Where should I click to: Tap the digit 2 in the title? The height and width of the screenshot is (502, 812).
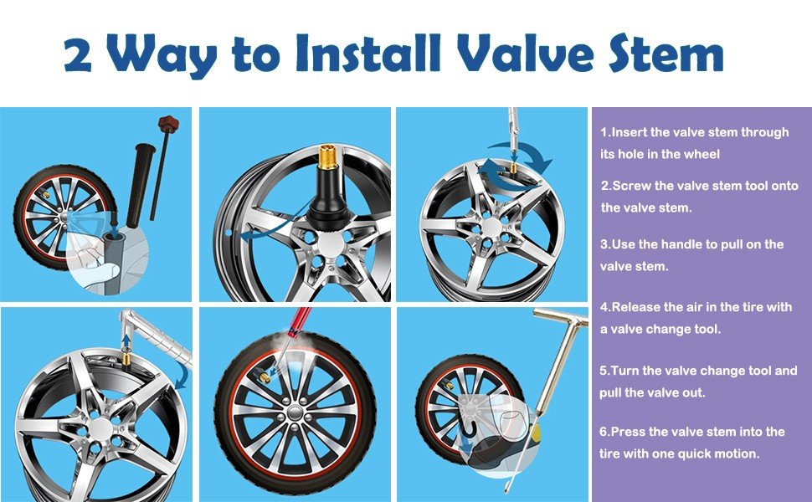click(x=78, y=55)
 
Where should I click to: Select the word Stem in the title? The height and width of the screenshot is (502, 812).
click(x=666, y=53)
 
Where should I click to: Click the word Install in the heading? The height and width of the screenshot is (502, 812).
click(x=368, y=53)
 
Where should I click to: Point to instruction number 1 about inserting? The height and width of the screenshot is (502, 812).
click(x=695, y=143)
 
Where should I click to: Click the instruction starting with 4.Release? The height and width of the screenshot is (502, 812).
click(x=696, y=318)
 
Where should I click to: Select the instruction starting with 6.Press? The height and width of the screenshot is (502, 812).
click(x=692, y=443)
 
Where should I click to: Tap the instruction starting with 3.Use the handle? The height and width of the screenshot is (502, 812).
click(x=691, y=255)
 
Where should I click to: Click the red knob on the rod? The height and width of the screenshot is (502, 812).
click(x=168, y=124)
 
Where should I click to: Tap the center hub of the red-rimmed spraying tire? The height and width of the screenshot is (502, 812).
click(x=295, y=412)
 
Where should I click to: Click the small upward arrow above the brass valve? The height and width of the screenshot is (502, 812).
click(x=126, y=343)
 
